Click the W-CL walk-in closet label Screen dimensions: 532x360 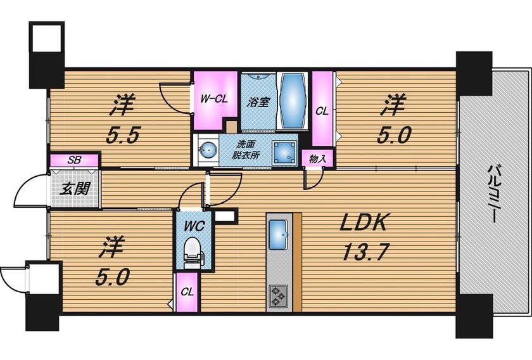214,99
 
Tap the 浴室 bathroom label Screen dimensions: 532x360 258,102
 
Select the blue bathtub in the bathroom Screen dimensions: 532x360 292,101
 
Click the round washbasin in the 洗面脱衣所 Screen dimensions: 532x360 208,149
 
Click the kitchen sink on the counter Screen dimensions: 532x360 278,235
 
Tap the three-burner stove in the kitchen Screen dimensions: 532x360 279,296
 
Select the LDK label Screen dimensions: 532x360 364,222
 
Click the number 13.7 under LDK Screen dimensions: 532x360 364,252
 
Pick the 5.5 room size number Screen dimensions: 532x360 123,136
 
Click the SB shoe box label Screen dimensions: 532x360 74,160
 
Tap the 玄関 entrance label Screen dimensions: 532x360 75,188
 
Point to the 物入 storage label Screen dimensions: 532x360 317,158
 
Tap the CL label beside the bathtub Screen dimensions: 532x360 322,111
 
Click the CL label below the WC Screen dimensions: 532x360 187,292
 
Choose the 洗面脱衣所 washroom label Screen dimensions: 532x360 246,149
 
